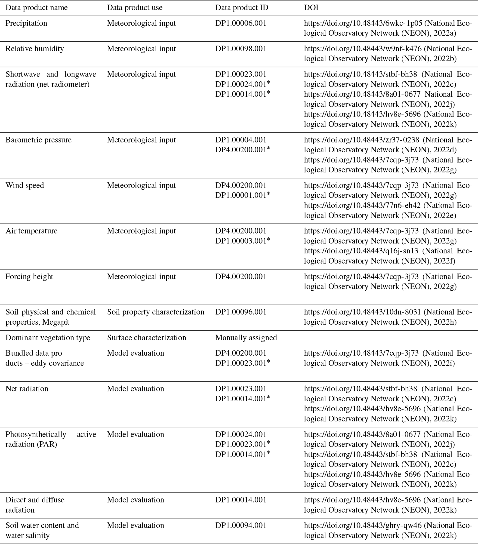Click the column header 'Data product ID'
pos(242,7)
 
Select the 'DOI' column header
pos(311,7)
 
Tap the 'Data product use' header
pos(135,7)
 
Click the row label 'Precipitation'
pos(26,23)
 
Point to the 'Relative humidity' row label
pos(35,49)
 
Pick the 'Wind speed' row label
pos(25,185)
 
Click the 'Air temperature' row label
pos(31,231)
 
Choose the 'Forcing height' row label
pos(29,277)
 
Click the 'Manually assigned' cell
pos(246,338)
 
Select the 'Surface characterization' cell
pos(147,338)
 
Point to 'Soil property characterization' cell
pos(156,312)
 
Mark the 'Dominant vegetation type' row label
pos(48,338)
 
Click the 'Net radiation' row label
pos(27,389)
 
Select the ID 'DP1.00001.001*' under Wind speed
pos(242,195)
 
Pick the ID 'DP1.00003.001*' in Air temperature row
pos(242,241)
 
